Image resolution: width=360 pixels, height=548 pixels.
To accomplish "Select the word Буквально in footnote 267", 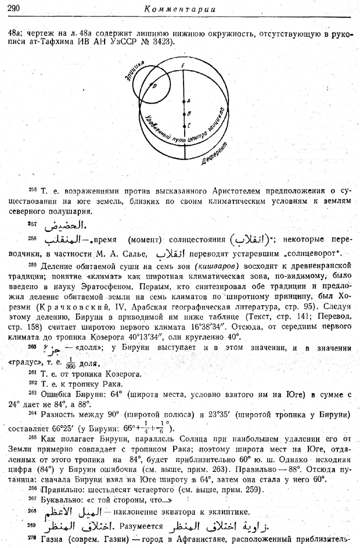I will (x=59, y=500).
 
